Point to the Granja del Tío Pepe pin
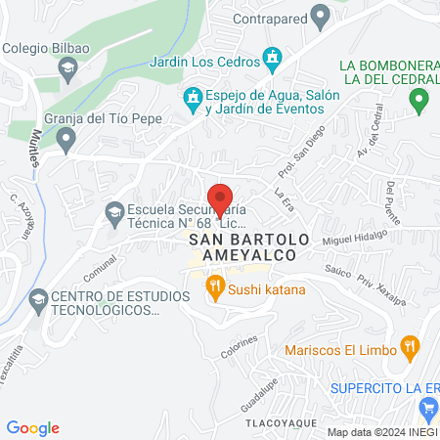66,142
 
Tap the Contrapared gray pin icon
319,17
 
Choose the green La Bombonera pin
418,99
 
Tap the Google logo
33,427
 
